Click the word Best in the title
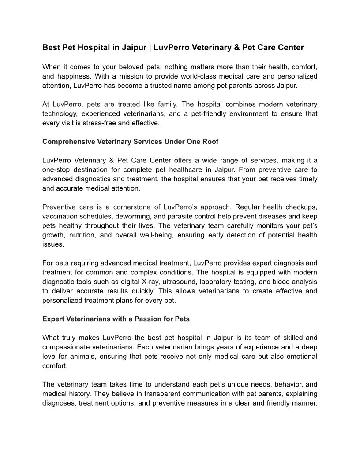pos(50,47)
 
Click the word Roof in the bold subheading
pos(210,142)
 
